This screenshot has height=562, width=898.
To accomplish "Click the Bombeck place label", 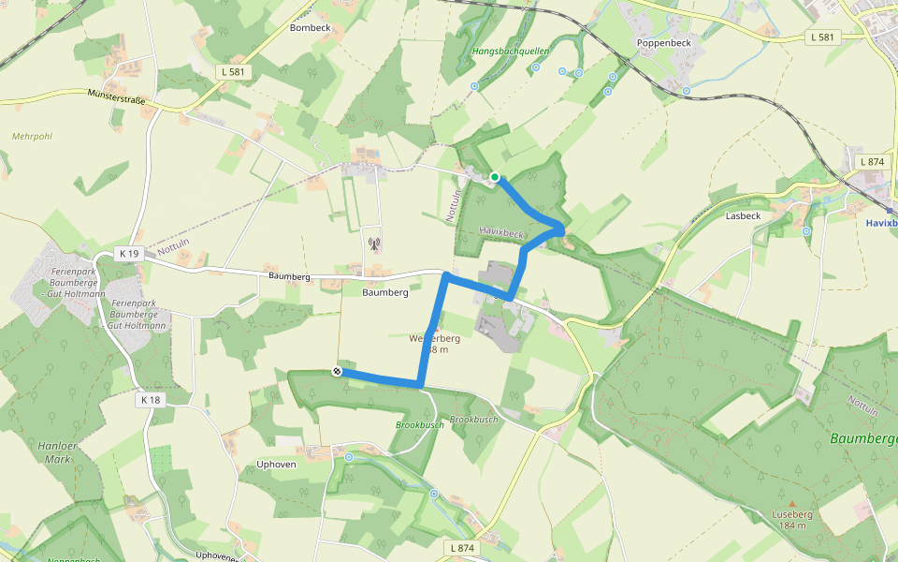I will (x=311, y=28).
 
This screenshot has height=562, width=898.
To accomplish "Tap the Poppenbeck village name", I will (x=662, y=43).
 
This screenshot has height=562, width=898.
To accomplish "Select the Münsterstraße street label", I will (x=125, y=95).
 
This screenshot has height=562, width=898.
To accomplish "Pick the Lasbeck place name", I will (x=743, y=215).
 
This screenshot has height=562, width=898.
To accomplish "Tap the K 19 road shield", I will (x=129, y=254).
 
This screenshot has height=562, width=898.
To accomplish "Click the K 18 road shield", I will (x=150, y=400).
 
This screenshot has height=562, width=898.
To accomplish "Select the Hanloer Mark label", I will (x=58, y=452).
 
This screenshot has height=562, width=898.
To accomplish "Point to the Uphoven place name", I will (x=276, y=465).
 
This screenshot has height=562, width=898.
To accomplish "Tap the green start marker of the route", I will (x=495, y=177).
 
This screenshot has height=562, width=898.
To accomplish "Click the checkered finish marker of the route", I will (x=336, y=372).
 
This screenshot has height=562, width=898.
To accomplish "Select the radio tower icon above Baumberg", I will (x=374, y=245).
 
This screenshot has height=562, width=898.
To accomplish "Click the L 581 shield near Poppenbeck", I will (x=823, y=37).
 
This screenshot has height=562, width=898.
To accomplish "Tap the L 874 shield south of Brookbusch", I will (x=462, y=547).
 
